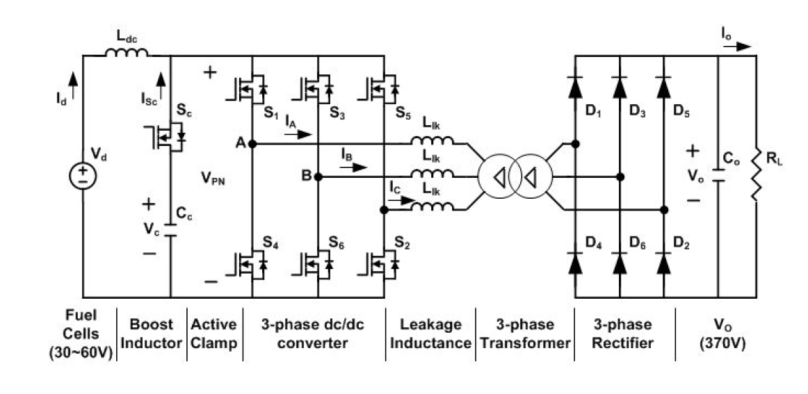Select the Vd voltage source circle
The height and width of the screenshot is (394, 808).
(83, 176)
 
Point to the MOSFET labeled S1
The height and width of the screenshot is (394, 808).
(248, 88)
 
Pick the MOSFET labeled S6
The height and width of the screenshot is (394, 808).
(314, 265)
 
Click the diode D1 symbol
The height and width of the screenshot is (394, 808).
(576, 88)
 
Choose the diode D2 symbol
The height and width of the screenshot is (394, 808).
(663, 263)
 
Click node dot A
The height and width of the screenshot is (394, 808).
(252, 144)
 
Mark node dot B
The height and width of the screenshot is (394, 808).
(318, 177)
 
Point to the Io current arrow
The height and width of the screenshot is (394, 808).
(737, 47)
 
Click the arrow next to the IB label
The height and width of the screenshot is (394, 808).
(353, 167)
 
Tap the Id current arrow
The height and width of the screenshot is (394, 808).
(73, 85)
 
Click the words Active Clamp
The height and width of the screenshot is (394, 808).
(214, 334)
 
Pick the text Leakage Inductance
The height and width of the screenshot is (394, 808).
(430, 334)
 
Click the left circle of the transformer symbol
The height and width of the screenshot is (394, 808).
(496, 177)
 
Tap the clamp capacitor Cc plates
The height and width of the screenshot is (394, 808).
(170, 230)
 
